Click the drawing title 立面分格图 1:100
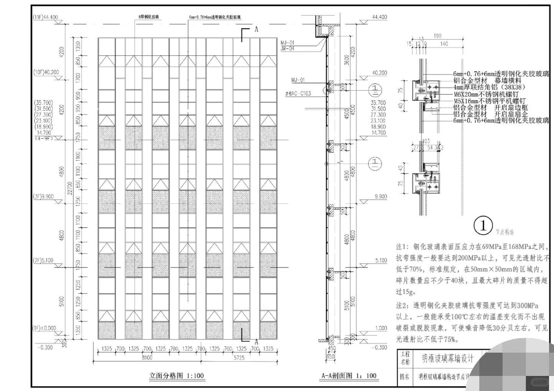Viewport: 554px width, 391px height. tap(177, 376)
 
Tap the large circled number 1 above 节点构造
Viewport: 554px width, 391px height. tap(483, 226)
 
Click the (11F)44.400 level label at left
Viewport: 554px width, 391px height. tap(45, 17)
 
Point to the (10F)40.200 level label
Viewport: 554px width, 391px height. tap(45, 72)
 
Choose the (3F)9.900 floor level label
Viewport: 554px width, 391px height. tap(43, 196)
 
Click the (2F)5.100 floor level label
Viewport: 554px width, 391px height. tap(43, 260)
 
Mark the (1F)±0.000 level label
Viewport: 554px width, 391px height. tap(44, 328)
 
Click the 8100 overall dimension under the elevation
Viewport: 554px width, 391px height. tap(147, 358)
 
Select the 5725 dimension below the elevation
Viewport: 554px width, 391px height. tap(239, 358)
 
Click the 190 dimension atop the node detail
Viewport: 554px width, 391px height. tap(437, 36)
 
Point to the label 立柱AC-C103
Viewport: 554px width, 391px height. tap(298, 93)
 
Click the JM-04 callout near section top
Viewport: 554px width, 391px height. tap(287, 49)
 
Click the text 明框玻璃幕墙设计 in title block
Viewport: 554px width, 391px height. tap(448, 358)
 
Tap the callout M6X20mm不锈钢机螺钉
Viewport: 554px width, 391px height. tap(486, 94)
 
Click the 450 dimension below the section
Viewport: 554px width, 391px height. tap(332, 348)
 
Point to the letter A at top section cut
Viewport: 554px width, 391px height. tap(256, 30)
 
